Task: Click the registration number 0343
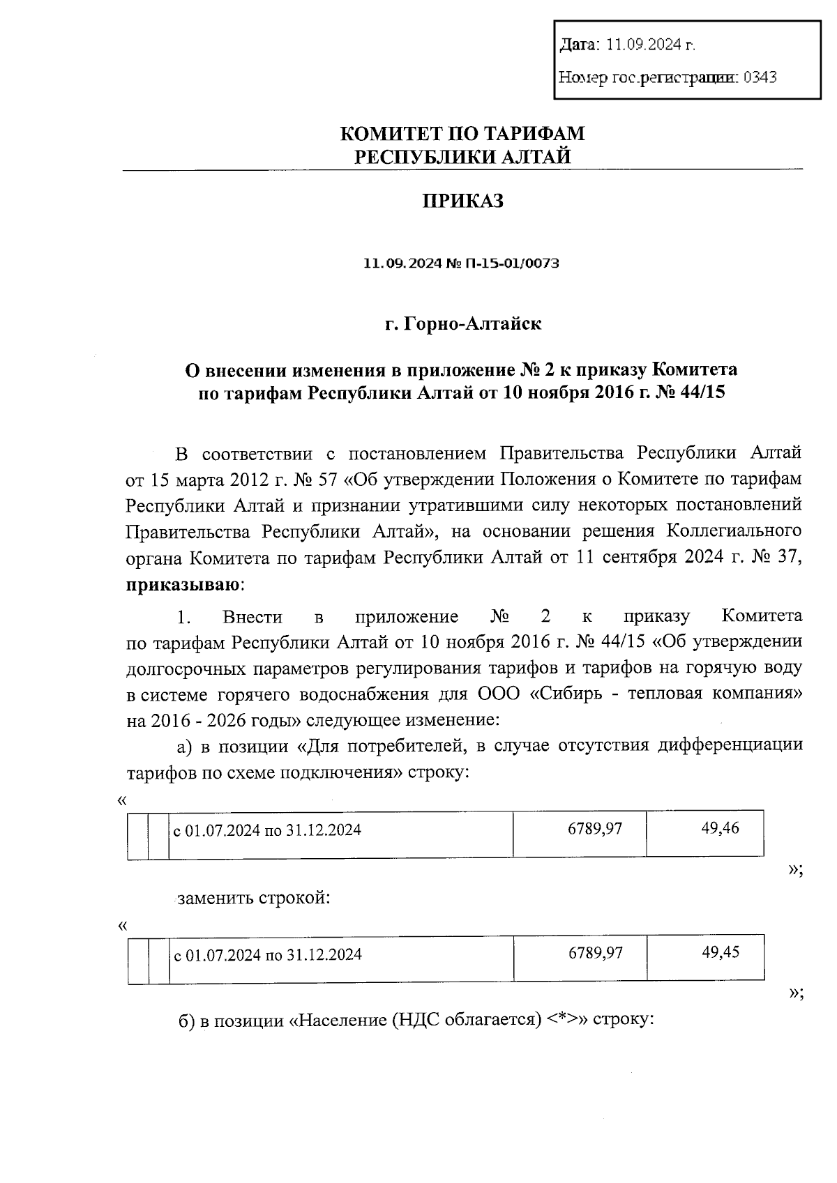pos(760,77)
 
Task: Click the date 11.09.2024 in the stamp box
pos(650,45)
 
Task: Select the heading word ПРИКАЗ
pos(462,201)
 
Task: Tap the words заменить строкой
pos(253,898)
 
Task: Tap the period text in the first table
pos(267,830)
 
